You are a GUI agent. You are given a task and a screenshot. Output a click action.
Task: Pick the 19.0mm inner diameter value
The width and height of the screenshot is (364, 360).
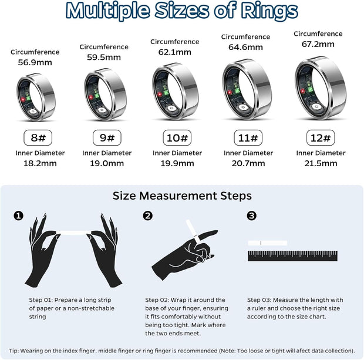coord(106,163)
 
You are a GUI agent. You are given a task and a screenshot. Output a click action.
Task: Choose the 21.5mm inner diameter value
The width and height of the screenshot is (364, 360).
coord(319,163)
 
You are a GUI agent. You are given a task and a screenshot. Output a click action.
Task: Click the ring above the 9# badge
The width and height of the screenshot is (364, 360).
coord(106,95)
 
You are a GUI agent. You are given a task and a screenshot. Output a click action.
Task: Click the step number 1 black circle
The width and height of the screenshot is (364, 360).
coord(19,216)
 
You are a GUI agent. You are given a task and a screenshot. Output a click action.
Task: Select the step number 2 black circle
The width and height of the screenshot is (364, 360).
coord(148,216)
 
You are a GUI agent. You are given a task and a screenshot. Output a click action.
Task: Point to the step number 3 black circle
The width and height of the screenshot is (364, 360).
coord(251,216)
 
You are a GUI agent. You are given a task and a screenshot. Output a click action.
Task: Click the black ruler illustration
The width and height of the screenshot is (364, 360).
coord(292,255)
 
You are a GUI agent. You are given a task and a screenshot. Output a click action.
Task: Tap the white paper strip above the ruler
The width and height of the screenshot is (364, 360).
coord(267,243)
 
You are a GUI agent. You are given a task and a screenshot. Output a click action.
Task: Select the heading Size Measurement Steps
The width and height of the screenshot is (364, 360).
coord(182,196)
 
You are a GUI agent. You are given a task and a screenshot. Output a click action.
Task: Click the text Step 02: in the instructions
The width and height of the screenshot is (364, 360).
coord(159,300)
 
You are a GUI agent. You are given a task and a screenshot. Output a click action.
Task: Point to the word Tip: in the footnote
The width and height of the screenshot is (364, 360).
coord(16,350)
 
